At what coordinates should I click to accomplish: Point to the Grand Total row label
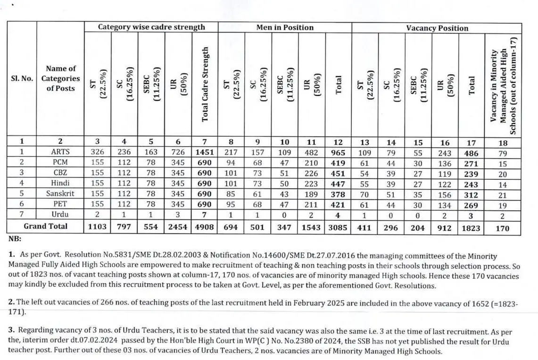[x=46, y=226]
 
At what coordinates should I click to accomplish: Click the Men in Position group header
[x=285, y=28]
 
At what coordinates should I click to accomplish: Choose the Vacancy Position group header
[x=437, y=28]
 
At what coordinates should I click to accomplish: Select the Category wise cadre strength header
[x=151, y=27]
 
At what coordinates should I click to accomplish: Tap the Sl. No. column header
[x=22, y=78]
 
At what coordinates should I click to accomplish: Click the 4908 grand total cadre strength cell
[x=205, y=227]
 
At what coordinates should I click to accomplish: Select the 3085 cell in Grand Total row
[x=338, y=227]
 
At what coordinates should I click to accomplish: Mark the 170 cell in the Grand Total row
[x=503, y=228]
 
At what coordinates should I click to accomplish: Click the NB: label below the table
[x=15, y=239]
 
